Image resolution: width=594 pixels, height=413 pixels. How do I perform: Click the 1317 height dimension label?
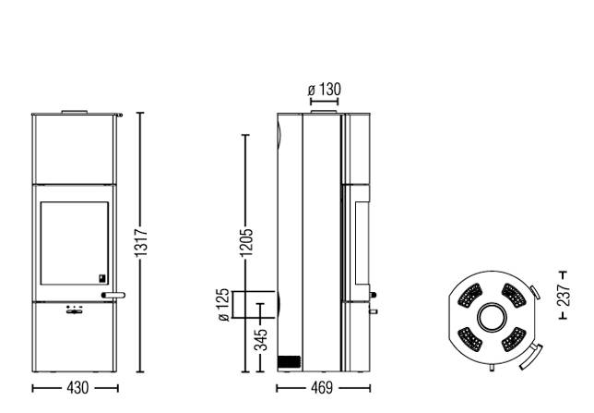coord(141,243)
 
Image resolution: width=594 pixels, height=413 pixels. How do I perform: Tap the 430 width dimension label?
coord(77,388)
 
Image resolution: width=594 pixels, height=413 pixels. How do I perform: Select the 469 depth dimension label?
coord(322,388)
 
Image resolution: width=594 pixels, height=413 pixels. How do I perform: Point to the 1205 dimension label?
coord(246,243)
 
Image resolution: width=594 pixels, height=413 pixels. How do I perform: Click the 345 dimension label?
coord(260,340)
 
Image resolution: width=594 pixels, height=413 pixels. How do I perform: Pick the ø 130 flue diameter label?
coord(325,90)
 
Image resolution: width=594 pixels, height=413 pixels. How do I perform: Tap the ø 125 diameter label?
coord(224,305)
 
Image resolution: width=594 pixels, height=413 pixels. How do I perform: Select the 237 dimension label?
coord(564,296)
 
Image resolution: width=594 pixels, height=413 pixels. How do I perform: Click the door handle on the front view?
coord(113,295)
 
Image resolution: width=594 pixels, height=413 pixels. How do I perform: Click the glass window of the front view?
coord(74,243)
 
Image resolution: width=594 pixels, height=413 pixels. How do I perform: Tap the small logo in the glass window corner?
coord(102,278)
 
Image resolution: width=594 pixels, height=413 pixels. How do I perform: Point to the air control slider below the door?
coord(74,311)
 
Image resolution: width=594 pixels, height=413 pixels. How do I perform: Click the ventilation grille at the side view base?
coord(289,362)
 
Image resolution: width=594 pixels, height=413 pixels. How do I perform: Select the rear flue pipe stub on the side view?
coord(254,304)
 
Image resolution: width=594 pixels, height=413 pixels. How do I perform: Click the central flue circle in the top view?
coord(492,317)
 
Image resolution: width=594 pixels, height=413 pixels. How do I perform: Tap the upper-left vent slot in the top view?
coord(469,295)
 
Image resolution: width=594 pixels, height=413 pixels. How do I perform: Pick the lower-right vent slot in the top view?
coord(514,339)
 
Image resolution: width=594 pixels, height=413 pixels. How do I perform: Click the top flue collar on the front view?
coord(75,112)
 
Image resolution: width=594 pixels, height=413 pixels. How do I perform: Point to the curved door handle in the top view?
coord(531,357)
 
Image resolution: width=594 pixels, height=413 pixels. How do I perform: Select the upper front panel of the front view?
coord(74,149)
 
